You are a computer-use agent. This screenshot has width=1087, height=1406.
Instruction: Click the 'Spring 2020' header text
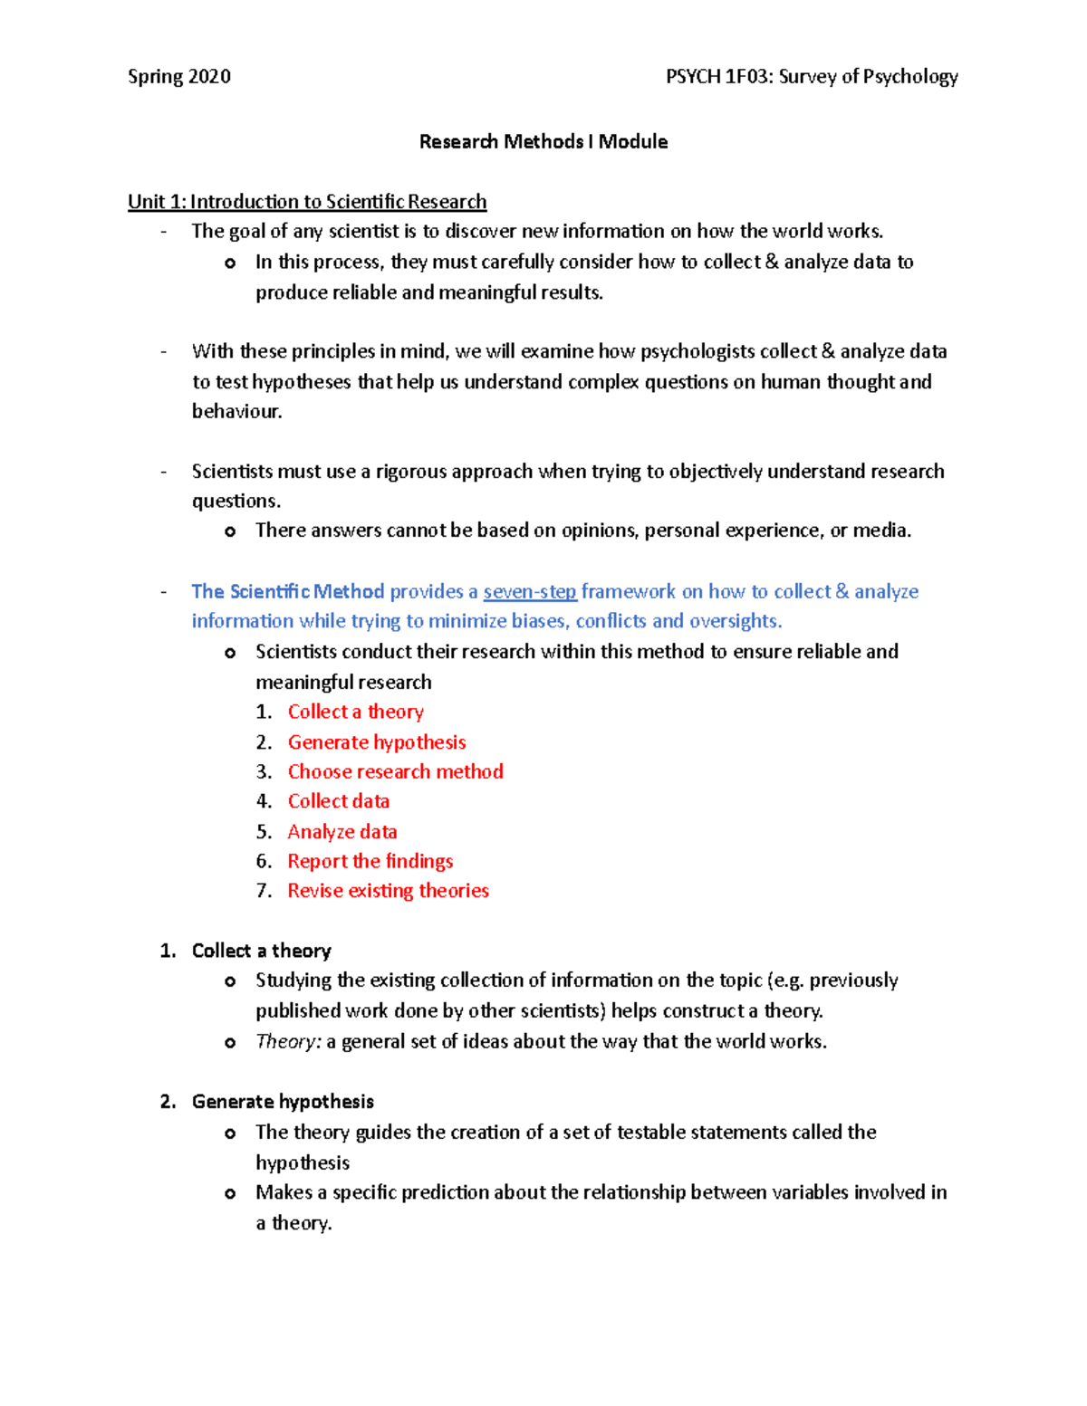tap(179, 77)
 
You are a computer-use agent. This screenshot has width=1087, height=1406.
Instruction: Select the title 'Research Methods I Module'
tap(543, 142)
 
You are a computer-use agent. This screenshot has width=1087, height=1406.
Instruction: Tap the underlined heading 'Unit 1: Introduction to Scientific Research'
tap(307, 202)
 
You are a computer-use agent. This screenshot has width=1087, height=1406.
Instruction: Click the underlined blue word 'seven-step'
tap(530, 592)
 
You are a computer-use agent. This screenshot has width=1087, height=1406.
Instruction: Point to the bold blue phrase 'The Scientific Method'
tap(288, 592)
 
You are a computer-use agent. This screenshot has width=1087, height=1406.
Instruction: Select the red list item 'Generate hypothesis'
tap(377, 742)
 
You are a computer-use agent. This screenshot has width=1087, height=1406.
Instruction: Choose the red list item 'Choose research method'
tap(395, 772)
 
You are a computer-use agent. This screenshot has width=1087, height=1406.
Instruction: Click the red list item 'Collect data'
tap(339, 802)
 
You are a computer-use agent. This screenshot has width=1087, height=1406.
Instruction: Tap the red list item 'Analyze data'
tap(342, 832)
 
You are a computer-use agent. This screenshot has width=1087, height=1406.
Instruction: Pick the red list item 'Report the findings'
tap(370, 862)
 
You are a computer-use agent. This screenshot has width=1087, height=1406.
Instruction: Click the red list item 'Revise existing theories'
tap(388, 891)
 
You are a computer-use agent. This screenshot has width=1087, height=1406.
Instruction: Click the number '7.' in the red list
tap(264, 891)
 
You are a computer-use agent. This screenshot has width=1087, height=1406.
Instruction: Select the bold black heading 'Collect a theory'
tap(261, 952)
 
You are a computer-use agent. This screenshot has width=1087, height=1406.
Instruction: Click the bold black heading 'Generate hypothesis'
tap(283, 1102)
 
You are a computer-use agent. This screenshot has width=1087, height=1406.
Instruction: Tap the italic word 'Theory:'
tap(288, 1042)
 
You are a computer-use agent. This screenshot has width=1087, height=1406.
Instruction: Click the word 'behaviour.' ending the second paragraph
tap(237, 412)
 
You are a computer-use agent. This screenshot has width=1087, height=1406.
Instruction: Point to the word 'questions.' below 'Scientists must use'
tap(236, 502)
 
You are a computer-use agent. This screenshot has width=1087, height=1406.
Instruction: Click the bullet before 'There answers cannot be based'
tap(230, 532)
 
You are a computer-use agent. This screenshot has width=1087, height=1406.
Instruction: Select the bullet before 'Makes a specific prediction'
tap(230, 1194)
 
